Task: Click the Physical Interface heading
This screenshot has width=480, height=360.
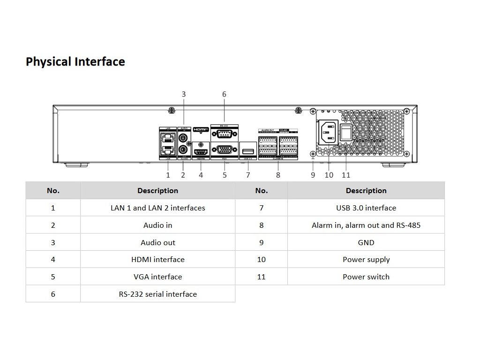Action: click(x=75, y=62)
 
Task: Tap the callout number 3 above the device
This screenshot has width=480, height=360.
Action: click(x=184, y=94)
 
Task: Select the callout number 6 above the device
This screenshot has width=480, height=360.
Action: click(x=224, y=94)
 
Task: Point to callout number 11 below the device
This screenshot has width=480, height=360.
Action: click(x=346, y=175)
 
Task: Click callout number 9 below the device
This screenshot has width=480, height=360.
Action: click(x=313, y=175)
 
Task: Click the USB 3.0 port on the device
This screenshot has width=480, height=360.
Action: click(x=248, y=150)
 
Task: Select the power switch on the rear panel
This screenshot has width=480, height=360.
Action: click(x=346, y=132)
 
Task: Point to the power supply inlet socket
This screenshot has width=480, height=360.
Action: click(x=329, y=132)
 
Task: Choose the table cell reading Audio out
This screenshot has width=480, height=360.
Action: click(x=158, y=242)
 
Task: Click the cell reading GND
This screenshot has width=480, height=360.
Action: click(x=366, y=242)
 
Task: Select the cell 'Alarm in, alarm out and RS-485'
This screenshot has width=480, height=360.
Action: click(x=366, y=225)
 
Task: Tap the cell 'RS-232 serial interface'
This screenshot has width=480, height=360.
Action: click(x=158, y=294)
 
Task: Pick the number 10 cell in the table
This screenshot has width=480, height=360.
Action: click(x=262, y=259)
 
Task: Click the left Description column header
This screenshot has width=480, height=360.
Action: click(x=158, y=191)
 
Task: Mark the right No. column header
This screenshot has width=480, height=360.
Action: click(x=262, y=191)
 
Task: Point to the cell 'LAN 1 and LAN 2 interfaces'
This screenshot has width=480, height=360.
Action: click(x=158, y=208)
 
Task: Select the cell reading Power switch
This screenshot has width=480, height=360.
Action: click(x=366, y=277)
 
